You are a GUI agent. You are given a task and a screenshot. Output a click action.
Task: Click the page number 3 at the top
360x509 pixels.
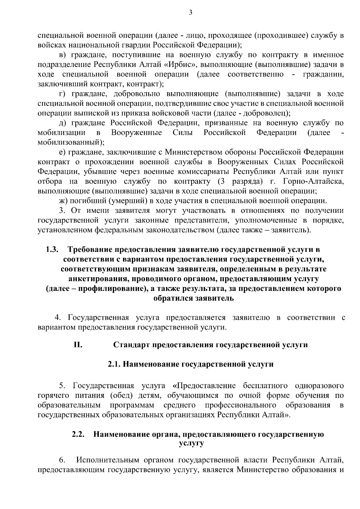tap(190, 12)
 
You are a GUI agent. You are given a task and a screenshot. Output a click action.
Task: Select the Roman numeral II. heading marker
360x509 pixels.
tap(78, 344)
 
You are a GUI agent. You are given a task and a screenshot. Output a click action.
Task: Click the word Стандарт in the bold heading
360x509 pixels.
tap(132, 345)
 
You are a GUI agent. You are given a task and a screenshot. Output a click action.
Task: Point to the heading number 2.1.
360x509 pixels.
tap(114, 364)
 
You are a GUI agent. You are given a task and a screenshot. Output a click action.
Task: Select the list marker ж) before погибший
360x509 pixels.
tap(63, 201)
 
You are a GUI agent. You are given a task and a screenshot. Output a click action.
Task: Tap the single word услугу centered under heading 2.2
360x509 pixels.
tap(191, 443)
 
